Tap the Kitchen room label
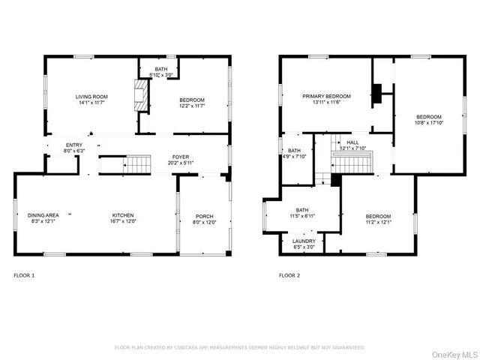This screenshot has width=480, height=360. (x=123, y=214)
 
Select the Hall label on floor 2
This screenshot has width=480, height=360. (x=352, y=142)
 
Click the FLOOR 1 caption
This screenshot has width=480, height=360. (x=24, y=275)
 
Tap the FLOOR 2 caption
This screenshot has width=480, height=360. (x=289, y=275)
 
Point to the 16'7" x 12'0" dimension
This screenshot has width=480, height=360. (x=123, y=221)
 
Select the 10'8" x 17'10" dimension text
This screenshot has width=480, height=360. (x=430, y=123)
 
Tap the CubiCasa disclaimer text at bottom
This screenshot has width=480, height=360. (x=239, y=347)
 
